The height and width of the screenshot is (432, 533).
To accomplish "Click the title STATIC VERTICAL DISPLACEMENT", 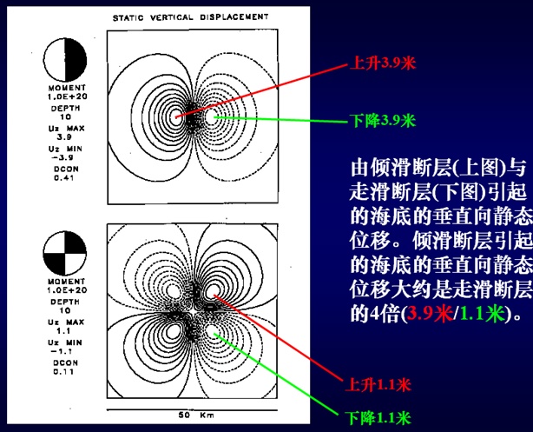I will click(191, 17).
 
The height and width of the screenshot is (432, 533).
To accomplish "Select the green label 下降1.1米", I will click(378, 416).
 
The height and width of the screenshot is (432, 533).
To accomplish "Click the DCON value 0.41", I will click(64, 179).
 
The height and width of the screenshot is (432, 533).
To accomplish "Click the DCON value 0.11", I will click(64, 372).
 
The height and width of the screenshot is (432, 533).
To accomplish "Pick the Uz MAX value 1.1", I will click(64, 331).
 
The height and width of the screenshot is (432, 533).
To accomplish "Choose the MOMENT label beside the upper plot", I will click(65, 89).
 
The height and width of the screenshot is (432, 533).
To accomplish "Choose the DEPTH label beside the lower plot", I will click(65, 302).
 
